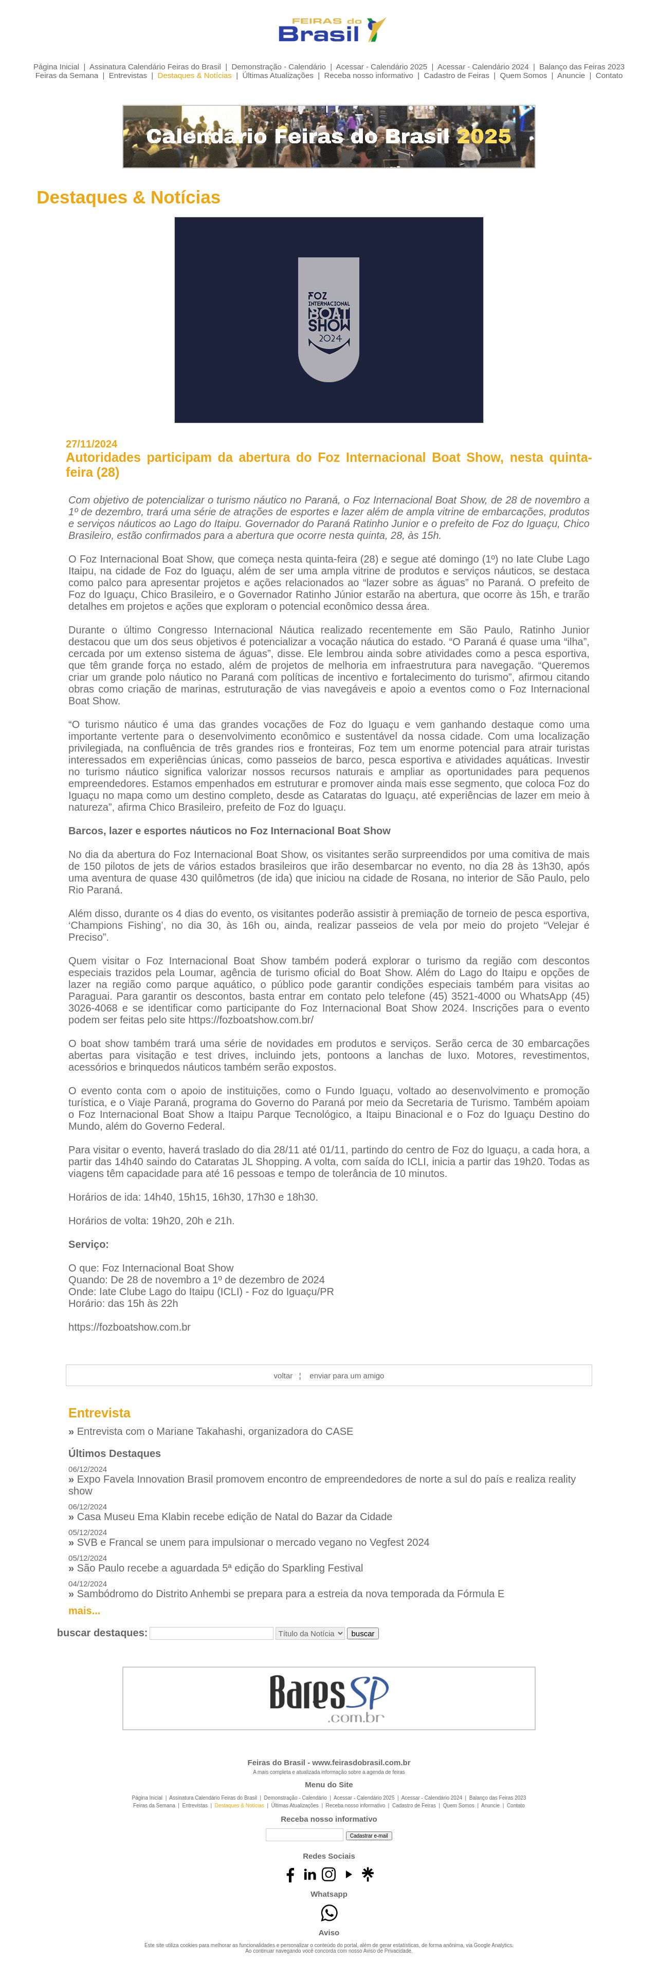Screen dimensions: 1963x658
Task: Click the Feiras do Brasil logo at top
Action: pos(331,30)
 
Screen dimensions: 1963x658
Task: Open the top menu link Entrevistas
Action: pos(127,76)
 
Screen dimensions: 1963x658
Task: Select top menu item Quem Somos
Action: pos(523,76)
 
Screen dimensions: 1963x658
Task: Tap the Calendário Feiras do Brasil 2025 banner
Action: pos(328,137)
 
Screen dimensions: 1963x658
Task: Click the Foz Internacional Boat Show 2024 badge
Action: pos(328,320)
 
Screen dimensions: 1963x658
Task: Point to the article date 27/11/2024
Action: pos(92,443)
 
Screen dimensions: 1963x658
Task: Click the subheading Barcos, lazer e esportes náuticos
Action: pos(229,831)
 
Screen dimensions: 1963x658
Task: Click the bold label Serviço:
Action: pos(88,1244)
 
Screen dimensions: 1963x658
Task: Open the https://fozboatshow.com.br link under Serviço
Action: pos(130,1326)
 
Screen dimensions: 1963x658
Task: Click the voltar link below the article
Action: pos(283,1375)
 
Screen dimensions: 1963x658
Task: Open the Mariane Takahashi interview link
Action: pos(214,1431)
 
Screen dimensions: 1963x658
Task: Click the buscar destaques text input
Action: pos(211,1633)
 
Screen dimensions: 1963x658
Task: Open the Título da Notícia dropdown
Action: pos(309,1633)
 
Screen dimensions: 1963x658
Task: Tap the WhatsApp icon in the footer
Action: pos(328,1913)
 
